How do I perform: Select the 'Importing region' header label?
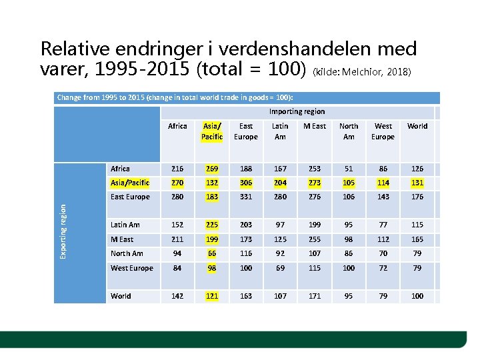[x=297, y=112]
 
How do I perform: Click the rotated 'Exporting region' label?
[x=63, y=223]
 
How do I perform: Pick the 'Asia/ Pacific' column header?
[x=212, y=131]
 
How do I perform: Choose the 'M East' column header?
[x=315, y=126]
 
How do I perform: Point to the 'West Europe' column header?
[x=383, y=131]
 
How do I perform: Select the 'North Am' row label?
[x=127, y=253]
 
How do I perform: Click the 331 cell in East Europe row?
[x=246, y=197]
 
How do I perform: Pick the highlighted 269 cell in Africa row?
[x=212, y=169]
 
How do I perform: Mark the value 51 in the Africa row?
[x=349, y=169]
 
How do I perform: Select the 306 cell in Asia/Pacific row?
[x=246, y=183]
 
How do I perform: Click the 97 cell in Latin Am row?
[x=280, y=225]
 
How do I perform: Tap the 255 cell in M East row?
[x=315, y=239]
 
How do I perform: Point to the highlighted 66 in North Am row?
[x=212, y=253]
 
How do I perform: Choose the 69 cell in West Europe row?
[x=280, y=268]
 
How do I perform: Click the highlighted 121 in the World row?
[x=212, y=296]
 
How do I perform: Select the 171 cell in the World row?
[x=315, y=296]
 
